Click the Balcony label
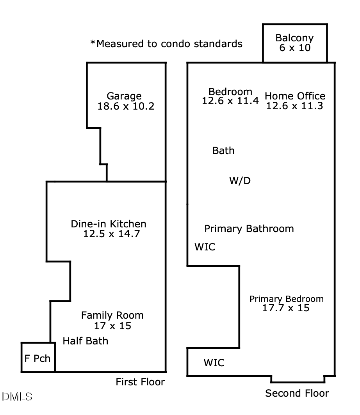click(x=294, y=38)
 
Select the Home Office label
click(x=295, y=96)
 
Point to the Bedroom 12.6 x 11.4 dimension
click(x=230, y=101)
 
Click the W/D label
click(x=239, y=181)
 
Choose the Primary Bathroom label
click(x=249, y=229)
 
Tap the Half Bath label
click(x=86, y=341)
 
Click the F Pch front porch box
click(x=37, y=358)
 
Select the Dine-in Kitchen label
click(x=109, y=224)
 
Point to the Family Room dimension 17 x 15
click(x=112, y=325)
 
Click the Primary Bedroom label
click(x=287, y=299)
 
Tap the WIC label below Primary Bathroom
click(x=205, y=247)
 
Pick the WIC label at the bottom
click(x=214, y=363)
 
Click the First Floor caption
click(x=140, y=382)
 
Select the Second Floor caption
click(x=297, y=393)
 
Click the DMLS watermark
click(x=17, y=397)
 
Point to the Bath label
click(x=223, y=151)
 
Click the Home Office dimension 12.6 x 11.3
click(x=294, y=106)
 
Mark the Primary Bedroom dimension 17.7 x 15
click(x=287, y=308)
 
